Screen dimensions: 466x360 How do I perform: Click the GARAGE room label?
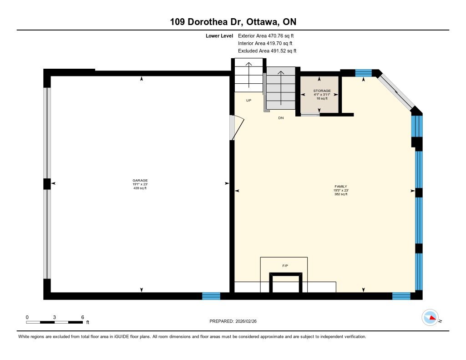pyautogui.click(x=140, y=180)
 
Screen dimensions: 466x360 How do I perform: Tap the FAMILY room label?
pyautogui.click(x=340, y=187)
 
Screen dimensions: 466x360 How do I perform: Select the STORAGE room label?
pyautogui.click(x=322, y=91)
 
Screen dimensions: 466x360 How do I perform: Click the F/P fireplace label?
pyautogui.click(x=285, y=266)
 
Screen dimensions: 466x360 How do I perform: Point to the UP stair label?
pyautogui.click(x=249, y=101)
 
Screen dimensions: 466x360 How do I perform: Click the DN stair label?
pyautogui.click(x=281, y=118)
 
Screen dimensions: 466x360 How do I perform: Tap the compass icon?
pyautogui.click(x=430, y=318)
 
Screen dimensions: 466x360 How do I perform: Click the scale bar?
pyautogui.click(x=55, y=322)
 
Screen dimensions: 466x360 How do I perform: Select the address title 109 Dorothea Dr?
pyautogui.click(x=206, y=22)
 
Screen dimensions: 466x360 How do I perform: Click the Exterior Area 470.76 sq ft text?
pyautogui.click(x=266, y=35)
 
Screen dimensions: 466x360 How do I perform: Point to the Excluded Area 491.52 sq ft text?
pyautogui.click(x=267, y=51)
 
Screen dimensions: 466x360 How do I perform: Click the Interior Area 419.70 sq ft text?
pyautogui.click(x=265, y=43)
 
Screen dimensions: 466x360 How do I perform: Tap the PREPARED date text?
pyautogui.click(x=233, y=321)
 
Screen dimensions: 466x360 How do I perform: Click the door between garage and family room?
pyautogui.click(x=237, y=128)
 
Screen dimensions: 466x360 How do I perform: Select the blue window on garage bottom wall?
pyautogui.click(x=211, y=296)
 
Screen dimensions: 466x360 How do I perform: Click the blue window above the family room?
pyautogui.click(x=364, y=73)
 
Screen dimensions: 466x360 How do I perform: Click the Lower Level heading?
pyautogui.click(x=219, y=36)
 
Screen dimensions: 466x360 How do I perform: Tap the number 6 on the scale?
pyautogui.click(x=83, y=317)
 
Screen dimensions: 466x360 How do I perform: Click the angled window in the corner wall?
pyautogui.click(x=397, y=91)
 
